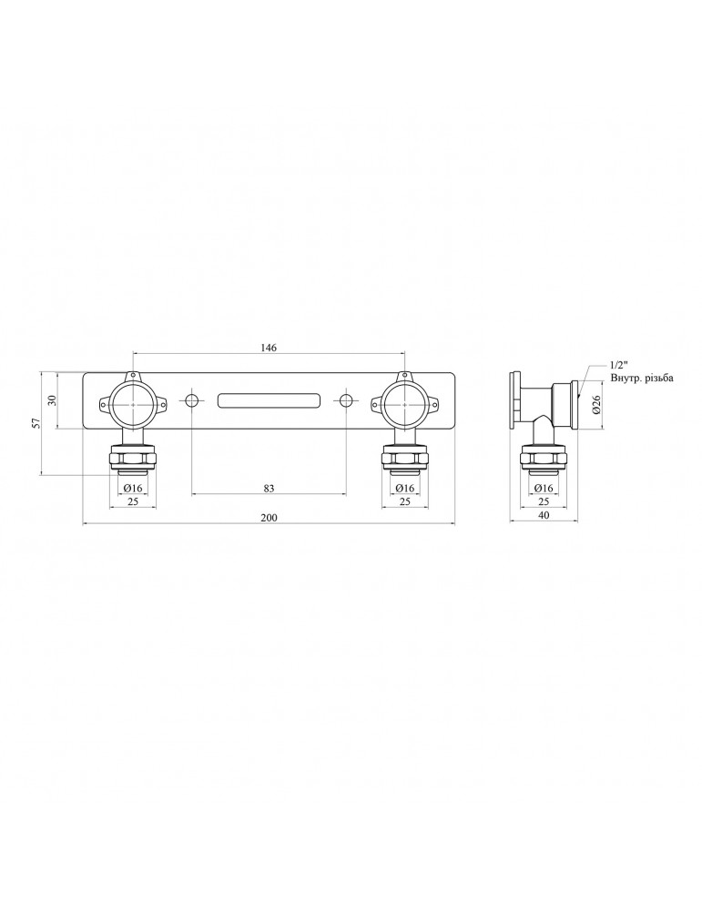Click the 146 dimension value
[269, 348]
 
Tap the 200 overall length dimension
[269, 518]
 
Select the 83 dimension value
[269, 488]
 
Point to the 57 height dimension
[36, 423]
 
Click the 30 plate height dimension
[51, 400]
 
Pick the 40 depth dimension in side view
[544, 515]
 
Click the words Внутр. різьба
[641, 379]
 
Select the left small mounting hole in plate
[191, 400]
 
